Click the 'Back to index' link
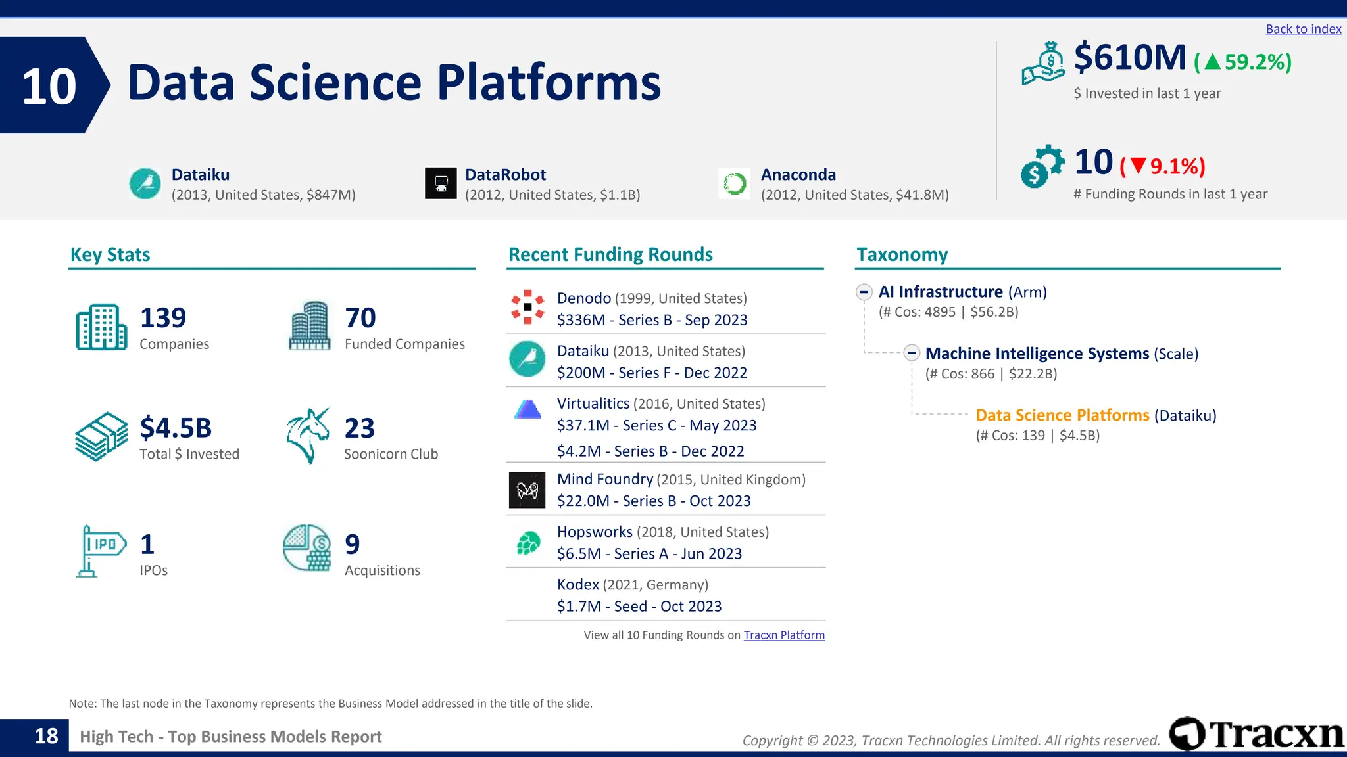tap(1303, 29)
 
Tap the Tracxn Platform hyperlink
tap(783, 635)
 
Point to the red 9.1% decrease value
tap(1163, 166)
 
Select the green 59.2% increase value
tap(1243, 62)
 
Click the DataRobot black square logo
tap(441, 183)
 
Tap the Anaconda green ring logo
tap(734, 183)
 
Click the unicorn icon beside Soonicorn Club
tap(308, 436)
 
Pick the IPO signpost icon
tap(100, 551)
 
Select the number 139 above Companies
tap(162, 318)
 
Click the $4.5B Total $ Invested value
tap(176, 428)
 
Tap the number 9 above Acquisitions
tap(353, 545)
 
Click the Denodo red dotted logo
tap(527, 307)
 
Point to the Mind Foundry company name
tap(604, 479)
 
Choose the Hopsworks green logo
tap(527, 543)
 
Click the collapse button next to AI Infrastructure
tap(864, 292)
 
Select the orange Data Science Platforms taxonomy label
tap(1062, 415)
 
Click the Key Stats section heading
tap(110, 254)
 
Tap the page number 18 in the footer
tap(46, 736)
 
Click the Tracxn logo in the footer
tap(1256, 734)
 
